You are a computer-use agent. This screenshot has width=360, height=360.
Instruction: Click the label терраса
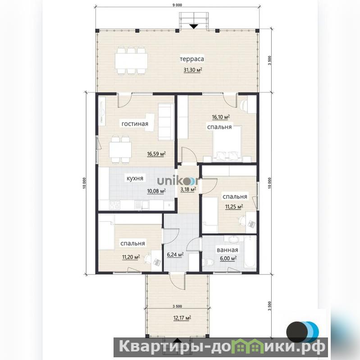pos(192,59)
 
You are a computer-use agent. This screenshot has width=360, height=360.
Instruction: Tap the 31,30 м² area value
pos(193,69)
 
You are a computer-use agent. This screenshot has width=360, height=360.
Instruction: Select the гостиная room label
pos(135,124)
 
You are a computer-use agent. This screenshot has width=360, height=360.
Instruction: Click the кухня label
pos(135,178)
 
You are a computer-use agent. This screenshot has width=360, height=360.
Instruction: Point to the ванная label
pos(227,250)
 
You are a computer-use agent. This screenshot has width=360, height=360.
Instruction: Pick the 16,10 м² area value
pos(221,117)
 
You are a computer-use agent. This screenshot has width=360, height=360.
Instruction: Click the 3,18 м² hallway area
pos(188,189)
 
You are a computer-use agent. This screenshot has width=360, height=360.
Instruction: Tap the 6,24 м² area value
pos(175,255)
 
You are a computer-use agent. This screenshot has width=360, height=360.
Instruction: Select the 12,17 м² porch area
pos(182,318)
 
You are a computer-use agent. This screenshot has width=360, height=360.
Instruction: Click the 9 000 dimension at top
pos(177,5)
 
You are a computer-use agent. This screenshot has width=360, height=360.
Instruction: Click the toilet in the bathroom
pos(209,262)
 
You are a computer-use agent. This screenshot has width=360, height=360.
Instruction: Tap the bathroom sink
pos(233,239)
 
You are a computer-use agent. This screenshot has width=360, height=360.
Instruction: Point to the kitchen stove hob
pos(114,205)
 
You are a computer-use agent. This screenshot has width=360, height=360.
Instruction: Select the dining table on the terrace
pos(131,61)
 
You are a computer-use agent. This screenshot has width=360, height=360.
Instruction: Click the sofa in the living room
pos(166,122)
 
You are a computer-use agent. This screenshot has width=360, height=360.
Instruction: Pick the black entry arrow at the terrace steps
pos(194,27)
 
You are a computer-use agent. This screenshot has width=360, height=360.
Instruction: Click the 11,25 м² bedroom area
pos(234,207)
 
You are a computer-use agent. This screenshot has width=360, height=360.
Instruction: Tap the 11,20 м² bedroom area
pos(131,257)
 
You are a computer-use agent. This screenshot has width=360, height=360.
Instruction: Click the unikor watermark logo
pos(178,181)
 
